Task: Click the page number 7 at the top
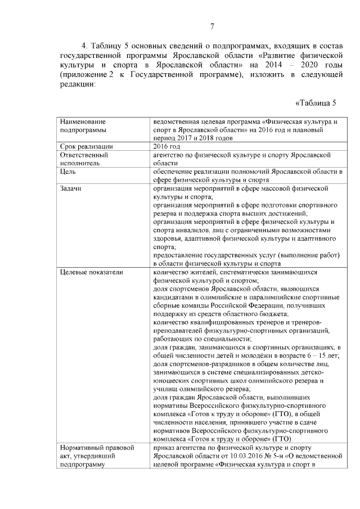[212, 26]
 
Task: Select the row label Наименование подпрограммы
[84, 125]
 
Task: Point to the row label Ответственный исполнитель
[84, 159]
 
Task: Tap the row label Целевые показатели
[91, 272]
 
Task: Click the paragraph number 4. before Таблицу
[85, 46]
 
